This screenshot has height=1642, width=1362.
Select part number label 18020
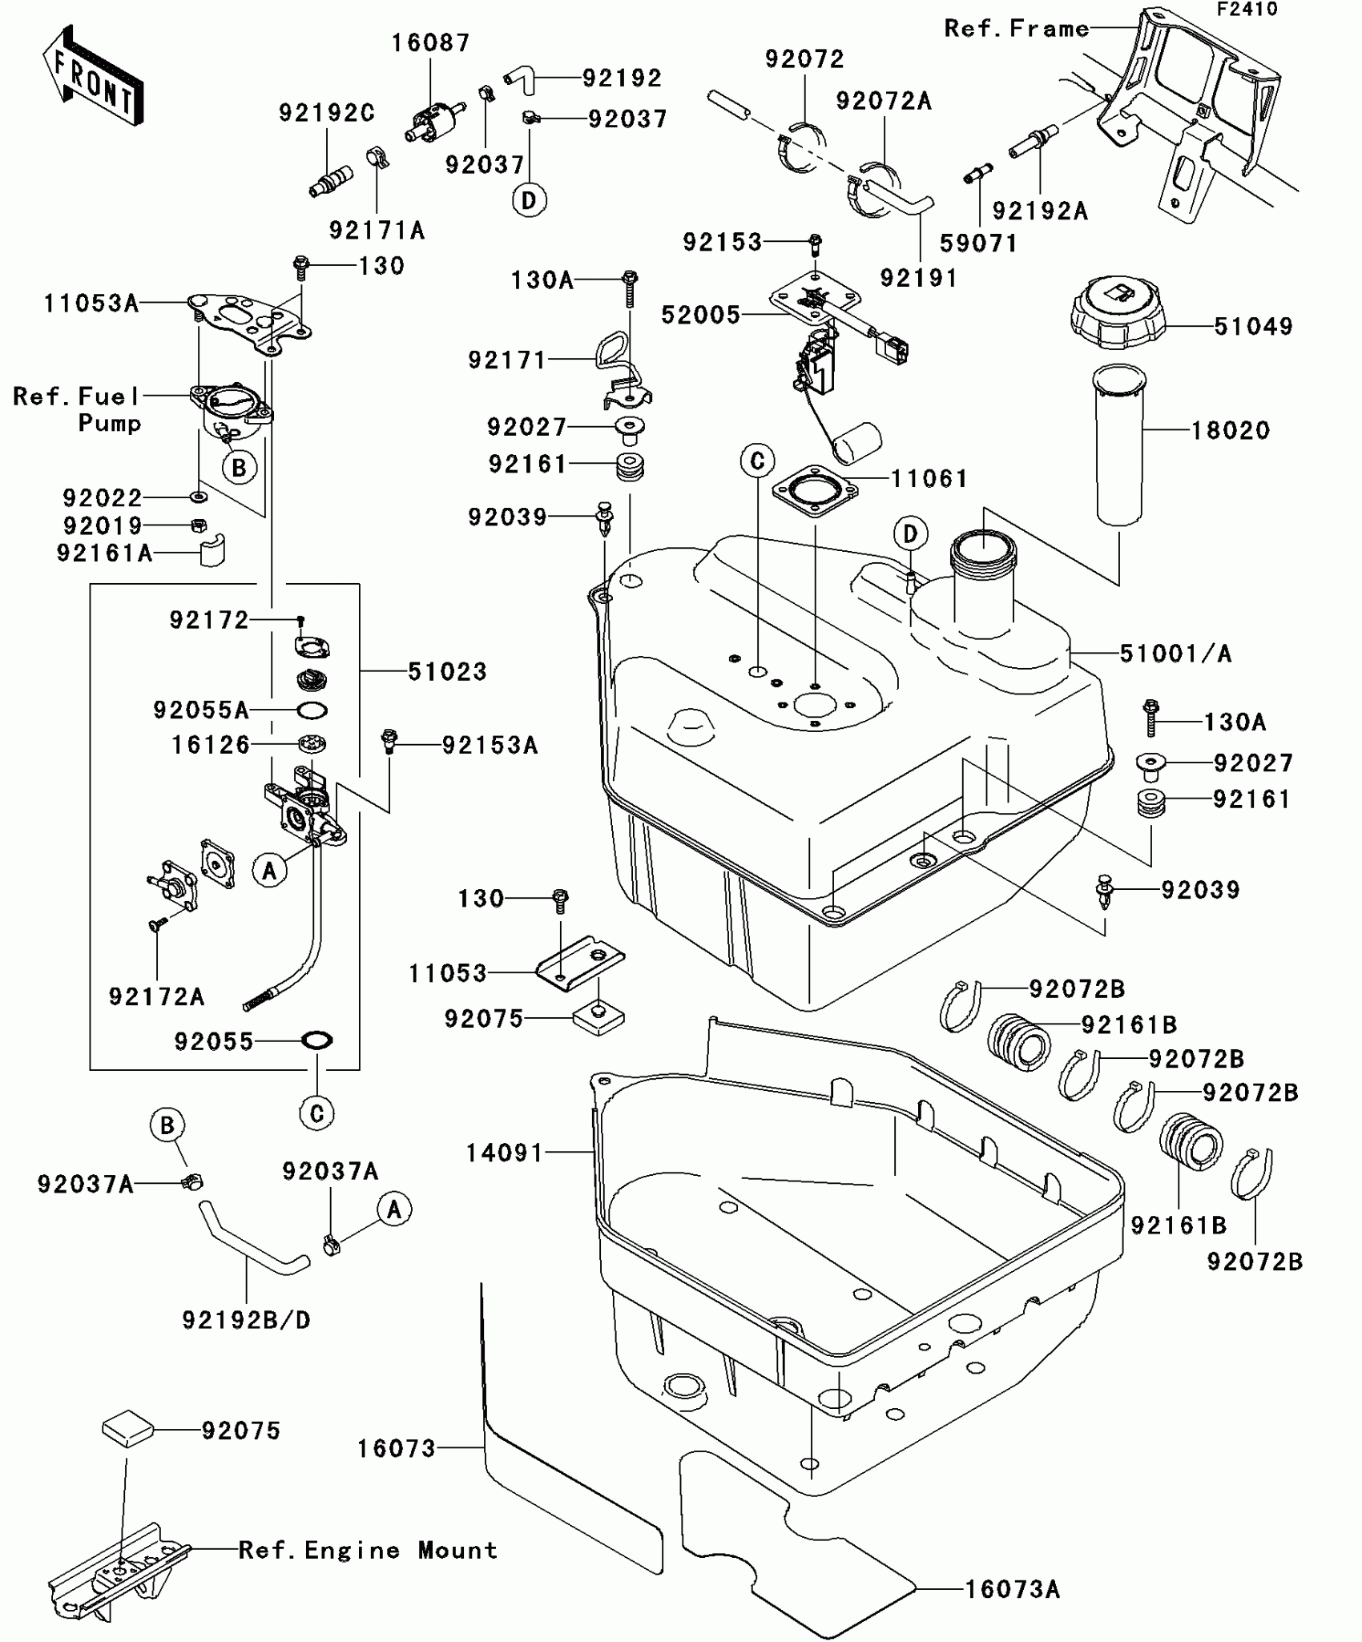(1231, 431)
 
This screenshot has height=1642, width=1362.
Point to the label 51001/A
(1175, 654)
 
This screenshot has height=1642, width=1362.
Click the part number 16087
(430, 42)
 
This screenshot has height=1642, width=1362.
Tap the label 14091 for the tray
(505, 1153)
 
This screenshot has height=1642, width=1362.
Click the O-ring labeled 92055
(317, 1040)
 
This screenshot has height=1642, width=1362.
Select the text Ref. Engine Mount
(368, 1550)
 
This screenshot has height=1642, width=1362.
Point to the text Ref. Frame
(1017, 29)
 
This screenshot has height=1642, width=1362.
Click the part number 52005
(700, 315)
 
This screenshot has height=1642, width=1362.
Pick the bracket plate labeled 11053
(580, 962)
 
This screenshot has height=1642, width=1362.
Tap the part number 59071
(978, 243)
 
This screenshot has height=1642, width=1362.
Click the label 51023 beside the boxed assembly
(447, 671)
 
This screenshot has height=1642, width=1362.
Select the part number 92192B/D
(247, 1319)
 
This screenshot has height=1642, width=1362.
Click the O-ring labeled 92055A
(312, 710)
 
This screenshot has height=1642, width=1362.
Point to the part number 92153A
(490, 745)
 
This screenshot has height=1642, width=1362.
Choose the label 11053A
(91, 303)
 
